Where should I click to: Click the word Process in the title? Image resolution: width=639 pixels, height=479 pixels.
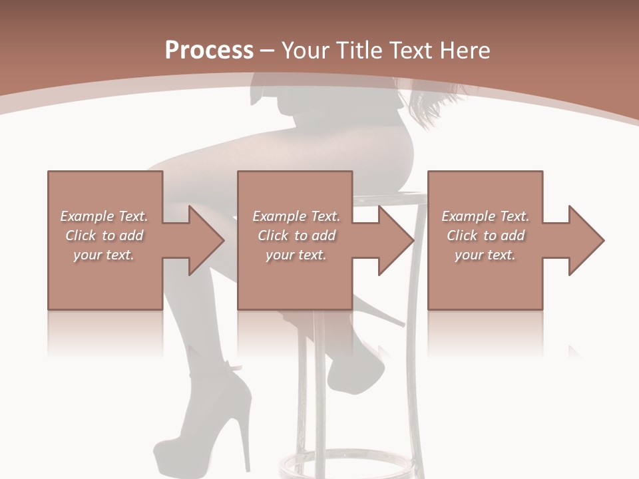(x=209, y=51)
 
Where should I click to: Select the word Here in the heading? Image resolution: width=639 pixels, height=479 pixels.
(x=464, y=51)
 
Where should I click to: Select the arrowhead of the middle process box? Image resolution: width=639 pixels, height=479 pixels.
(x=395, y=240)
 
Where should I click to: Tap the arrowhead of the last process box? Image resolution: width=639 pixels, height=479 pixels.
(x=584, y=240)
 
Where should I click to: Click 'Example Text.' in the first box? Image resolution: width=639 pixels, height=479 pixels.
(x=104, y=216)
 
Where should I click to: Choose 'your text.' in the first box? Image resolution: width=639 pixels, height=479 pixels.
(x=104, y=255)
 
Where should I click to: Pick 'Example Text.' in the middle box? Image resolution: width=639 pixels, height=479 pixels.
(x=296, y=216)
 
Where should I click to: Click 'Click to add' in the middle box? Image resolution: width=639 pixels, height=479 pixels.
(x=296, y=236)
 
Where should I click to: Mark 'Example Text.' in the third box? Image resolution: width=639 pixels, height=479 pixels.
(x=485, y=216)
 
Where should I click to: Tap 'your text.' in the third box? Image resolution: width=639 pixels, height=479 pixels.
(x=485, y=255)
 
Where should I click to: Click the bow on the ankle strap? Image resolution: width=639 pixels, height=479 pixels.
(x=233, y=366)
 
